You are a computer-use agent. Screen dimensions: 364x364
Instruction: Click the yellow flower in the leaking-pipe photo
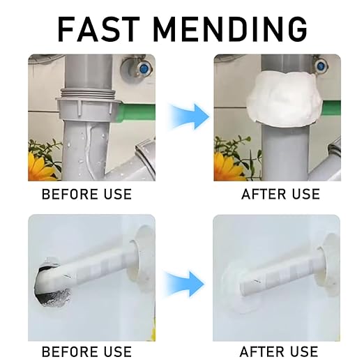click(37, 168)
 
